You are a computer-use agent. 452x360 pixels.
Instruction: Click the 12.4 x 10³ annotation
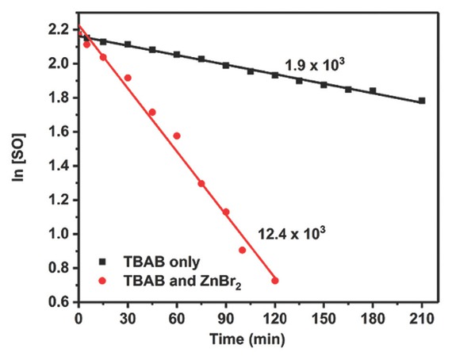click(x=293, y=232)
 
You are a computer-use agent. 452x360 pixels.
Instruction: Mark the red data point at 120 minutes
click(x=275, y=280)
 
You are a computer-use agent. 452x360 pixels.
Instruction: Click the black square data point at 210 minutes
click(x=422, y=101)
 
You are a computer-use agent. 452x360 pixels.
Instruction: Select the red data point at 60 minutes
click(x=177, y=136)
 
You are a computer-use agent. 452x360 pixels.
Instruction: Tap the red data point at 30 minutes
click(x=128, y=78)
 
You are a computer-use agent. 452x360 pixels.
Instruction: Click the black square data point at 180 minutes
click(x=373, y=91)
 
